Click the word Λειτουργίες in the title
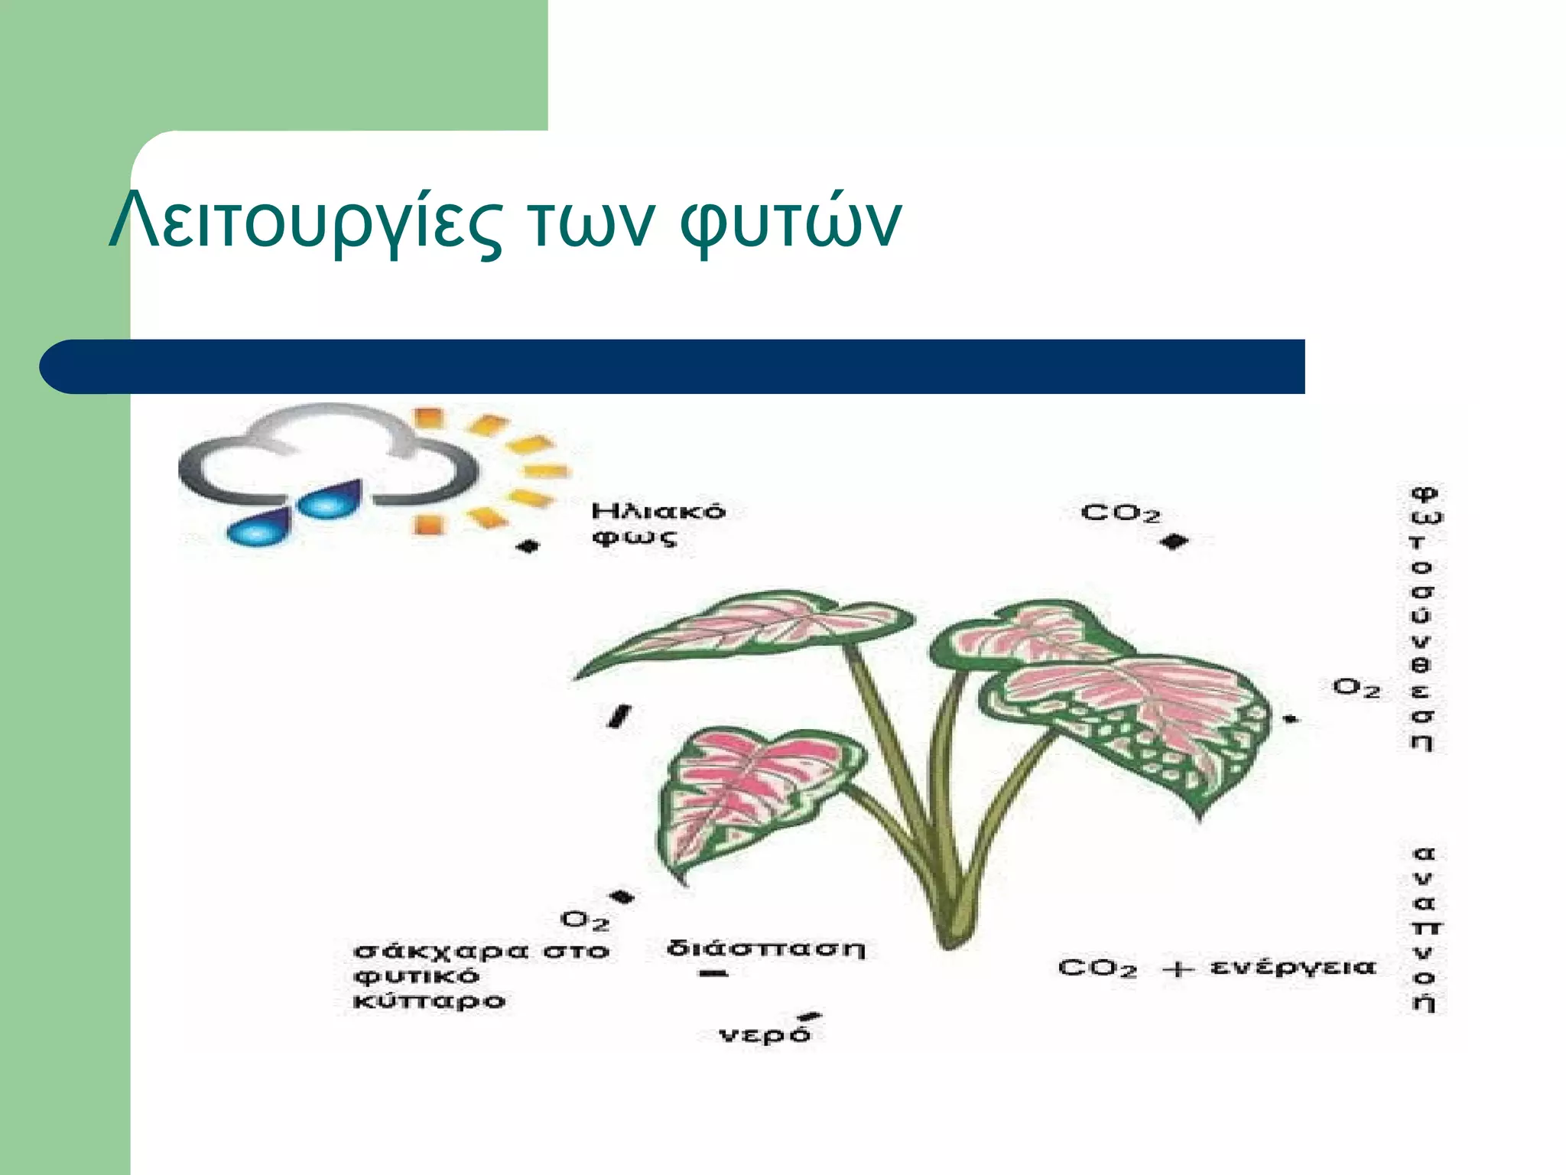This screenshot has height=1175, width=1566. [306, 222]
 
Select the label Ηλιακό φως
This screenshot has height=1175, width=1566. [658, 524]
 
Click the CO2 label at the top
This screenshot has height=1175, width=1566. [1120, 513]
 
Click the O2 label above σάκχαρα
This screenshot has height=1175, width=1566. [585, 920]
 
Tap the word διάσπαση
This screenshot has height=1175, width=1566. [765, 949]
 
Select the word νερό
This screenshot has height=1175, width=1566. [765, 1035]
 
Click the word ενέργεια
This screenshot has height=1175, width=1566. [1292, 968]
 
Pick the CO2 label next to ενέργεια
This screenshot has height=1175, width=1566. [1097, 968]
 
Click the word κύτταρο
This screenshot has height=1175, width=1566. [429, 1001]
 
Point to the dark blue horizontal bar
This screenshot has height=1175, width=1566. [673, 366]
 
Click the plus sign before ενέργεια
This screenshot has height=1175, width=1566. [1178, 969]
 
